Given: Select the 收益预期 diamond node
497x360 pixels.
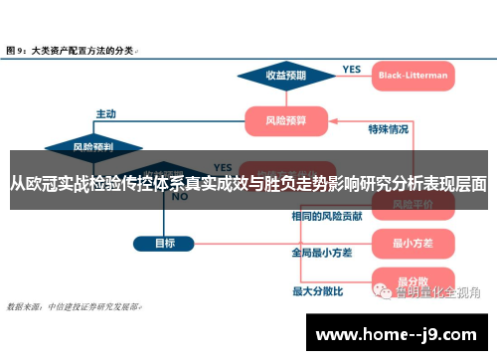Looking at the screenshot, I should coord(285,75).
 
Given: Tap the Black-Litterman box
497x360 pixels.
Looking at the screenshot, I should coord(413,75).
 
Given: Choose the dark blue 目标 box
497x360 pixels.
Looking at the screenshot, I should coord(165,242).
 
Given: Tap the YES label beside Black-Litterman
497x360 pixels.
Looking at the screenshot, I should coord(352,69).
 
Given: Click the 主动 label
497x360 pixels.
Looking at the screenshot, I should coord(106,113).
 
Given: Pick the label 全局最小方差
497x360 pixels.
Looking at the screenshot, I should coord(322,253).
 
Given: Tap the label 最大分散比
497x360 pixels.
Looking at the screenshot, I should coord(317,291).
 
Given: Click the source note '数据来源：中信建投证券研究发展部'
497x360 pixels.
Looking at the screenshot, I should coord(75,306).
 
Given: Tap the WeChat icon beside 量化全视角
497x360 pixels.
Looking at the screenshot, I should coord(383,292).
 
